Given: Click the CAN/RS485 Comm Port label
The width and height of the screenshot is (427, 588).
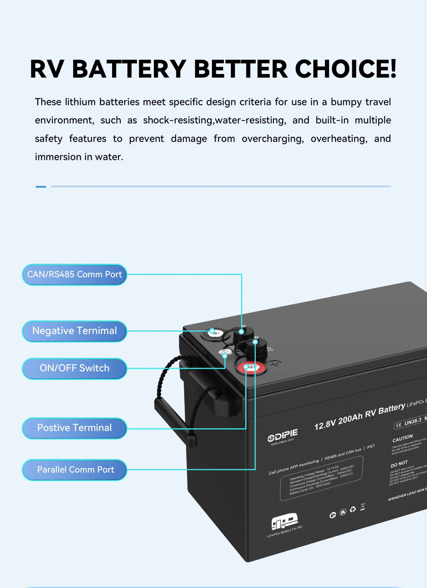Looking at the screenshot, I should pyautogui.click(x=74, y=274).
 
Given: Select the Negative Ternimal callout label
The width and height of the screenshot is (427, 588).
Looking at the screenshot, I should pyautogui.click(x=74, y=331).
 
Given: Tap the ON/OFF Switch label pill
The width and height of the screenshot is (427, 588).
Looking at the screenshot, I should pyautogui.click(x=74, y=368).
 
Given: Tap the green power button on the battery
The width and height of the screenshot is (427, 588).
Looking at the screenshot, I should pyautogui.click(x=225, y=352).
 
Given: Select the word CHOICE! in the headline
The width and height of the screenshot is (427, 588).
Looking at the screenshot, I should pyautogui.click(x=346, y=69).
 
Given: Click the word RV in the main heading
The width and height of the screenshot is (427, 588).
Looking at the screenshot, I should pyautogui.click(x=47, y=69).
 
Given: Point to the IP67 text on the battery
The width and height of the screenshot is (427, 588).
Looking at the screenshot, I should pyautogui.click(x=371, y=447).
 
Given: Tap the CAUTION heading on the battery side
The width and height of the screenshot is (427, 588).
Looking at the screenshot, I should pyautogui.click(x=402, y=438).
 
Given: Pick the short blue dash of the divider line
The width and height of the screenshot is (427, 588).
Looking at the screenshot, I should pyautogui.click(x=41, y=187).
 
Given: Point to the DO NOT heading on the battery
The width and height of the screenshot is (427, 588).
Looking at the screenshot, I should pyautogui.click(x=399, y=464).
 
